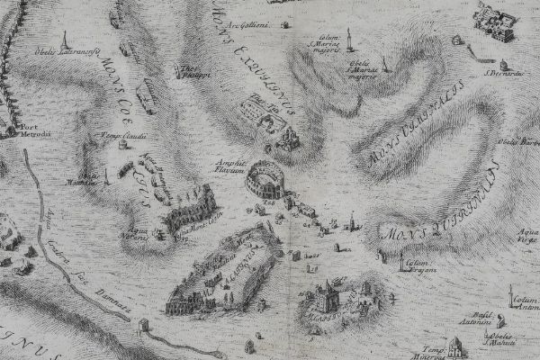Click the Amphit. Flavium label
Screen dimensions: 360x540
(231, 168)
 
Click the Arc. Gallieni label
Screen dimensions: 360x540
(249, 25)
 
